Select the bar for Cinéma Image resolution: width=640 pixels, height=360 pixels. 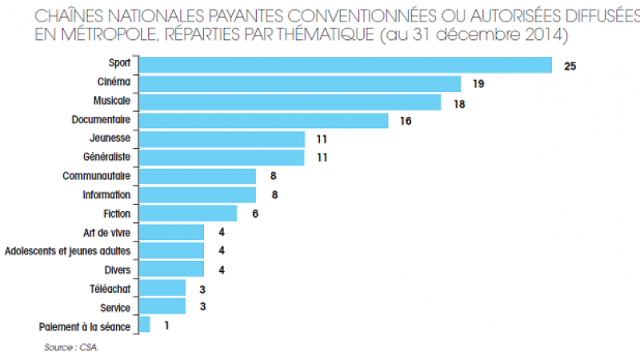pyautogui.click(x=300, y=84)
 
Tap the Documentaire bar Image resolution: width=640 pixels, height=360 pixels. pyautogui.click(x=263, y=121)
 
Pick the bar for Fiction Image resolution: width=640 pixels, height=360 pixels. pyautogui.click(x=188, y=214)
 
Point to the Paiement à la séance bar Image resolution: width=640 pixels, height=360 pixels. pyautogui.click(x=144, y=325)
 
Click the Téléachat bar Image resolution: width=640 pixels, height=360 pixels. pyautogui.click(x=162, y=288)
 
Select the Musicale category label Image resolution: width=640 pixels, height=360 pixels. pyautogui.click(x=112, y=102)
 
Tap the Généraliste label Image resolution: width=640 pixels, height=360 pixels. pyautogui.click(x=106, y=158)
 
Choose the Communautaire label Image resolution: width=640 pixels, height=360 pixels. pyautogui.click(x=98, y=176)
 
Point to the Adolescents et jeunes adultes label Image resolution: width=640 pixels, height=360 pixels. pyautogui.click(x=67, y=250)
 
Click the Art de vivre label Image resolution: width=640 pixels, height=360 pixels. pyautogui.click(x=107, y=232)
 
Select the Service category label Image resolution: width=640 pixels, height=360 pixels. pyautogui.click(x=115, y=306)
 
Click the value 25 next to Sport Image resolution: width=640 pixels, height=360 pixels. pyautogui.click(x=570, y=66)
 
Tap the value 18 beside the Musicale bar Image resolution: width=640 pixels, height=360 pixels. pyautogui.click(x=458, y=102)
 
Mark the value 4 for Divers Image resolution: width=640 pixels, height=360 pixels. pyautogui.click(x=222, y=270)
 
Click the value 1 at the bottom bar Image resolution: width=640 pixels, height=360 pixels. pyautogui.click(x=166, y=326)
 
